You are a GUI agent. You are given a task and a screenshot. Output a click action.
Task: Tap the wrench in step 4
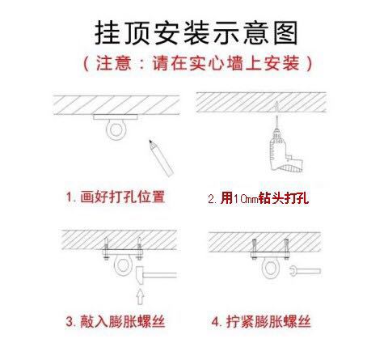pos(302,269)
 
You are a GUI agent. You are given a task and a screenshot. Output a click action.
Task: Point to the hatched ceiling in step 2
pos(268,102)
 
